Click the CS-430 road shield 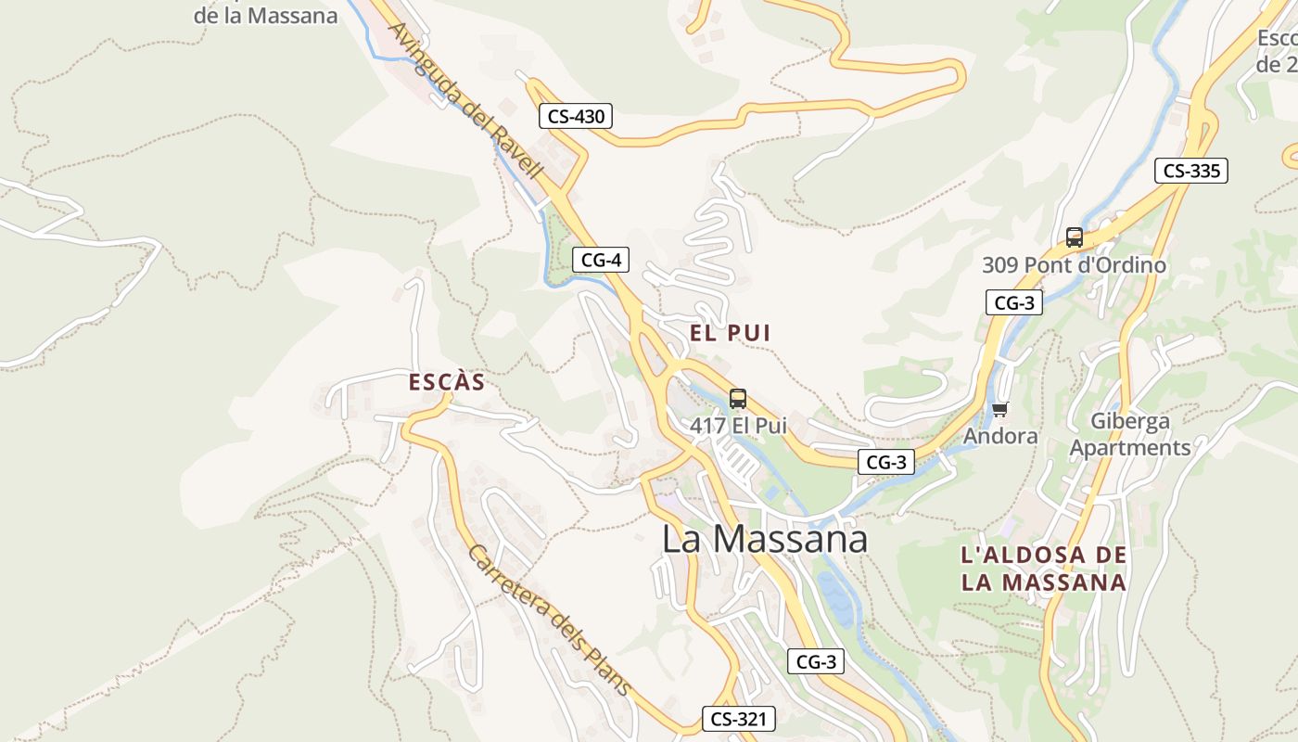[576, 117]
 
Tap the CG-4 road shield [601, 260]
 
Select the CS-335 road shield [1191, 171]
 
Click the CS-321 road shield [737, 718]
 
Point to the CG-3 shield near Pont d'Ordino [1013, 302]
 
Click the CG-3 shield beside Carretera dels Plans [817, 661]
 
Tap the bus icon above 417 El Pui [738, 399]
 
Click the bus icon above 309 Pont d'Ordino [1075, 237]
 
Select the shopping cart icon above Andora [999, 409]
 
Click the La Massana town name [765, 540]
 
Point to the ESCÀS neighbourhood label [447, 382]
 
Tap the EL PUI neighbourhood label [731, 333]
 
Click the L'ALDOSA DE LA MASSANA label [1044, 569]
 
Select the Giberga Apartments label [1130, 434]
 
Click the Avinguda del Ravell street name [464, 100]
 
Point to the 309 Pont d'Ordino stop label [1075, 265]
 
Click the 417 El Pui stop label [738, 426]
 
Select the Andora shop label [1000, 435]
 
